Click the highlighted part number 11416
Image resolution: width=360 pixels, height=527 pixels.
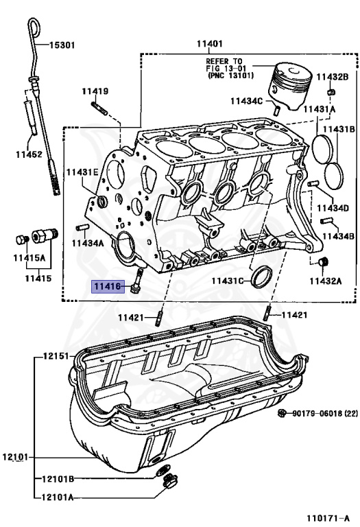click(108, 286)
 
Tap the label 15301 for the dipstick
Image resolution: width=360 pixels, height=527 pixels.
click(62, 45)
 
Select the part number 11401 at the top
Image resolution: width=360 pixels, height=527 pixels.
click(210, 44)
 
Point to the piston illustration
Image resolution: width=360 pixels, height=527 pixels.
click(289, 85)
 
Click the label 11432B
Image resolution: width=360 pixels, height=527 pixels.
click(333, 77)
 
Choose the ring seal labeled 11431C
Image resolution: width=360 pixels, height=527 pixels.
click(261, 277)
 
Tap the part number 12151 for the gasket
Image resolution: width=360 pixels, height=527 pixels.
click(56, 355)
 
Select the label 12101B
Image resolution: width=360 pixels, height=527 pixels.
click(58, 478)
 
